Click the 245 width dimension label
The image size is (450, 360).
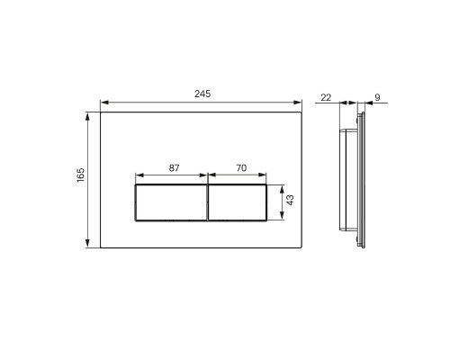tap(202, 94)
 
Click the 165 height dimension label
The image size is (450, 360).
tap(81, 175)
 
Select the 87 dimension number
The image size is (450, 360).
tap(174, 168)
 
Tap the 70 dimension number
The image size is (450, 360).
tap(241, 168)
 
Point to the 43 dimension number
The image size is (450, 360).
tap(290, 200)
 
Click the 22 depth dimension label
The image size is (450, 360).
tap(326, 97)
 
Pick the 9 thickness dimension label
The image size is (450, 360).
tap(377, 97)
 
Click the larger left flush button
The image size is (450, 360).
tap(171, 202)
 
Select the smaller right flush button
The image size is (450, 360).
tap(237, 202)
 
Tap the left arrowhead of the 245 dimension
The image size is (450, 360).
tap(104, 103)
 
